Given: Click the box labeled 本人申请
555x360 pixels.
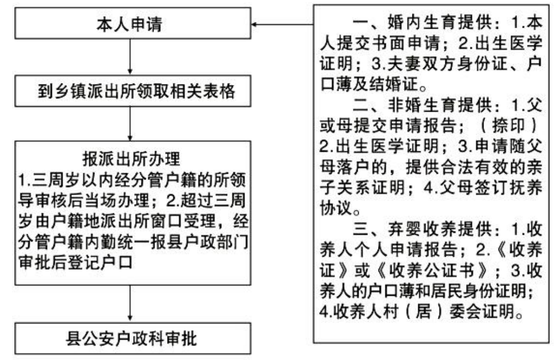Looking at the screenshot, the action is (x=133, y=23).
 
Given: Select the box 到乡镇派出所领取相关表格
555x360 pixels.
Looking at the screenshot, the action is (x=133, y=91).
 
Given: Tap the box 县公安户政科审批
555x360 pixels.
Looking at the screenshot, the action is (x=133, y=339).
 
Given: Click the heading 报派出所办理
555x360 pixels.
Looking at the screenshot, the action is (x=132, y=159).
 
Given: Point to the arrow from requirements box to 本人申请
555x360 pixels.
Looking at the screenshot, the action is (x=282, y=25).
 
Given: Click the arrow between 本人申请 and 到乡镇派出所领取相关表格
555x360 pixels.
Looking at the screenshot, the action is (x=130, y=57).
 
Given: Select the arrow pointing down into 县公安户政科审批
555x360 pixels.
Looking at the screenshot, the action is (x=130, y=304).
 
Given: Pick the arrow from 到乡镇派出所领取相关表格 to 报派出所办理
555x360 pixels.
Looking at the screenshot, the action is (x=130, y=124).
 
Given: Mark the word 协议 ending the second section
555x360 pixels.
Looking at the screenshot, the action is (x=336, y=208).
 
